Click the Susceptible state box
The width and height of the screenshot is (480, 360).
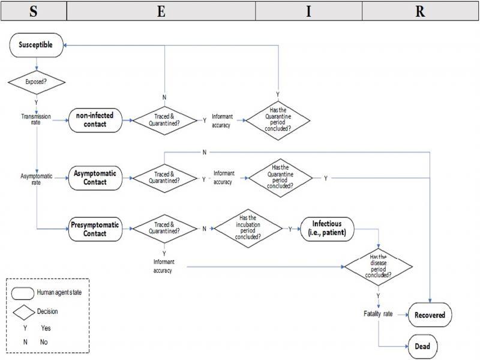pyautogui.click(x=37, y=45)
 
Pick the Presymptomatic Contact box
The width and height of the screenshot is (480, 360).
pyautogui.click(x=95, y=229)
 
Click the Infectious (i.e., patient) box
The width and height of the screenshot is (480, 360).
pyautogui.click(x=327, y=229)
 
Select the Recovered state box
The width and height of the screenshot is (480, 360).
pyautogui.click(x=430, y=314)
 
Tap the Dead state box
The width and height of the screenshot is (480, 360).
pyautogui.click(x=430, y=346)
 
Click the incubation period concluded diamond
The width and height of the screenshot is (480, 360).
pyautogui.click(x=248, y=229)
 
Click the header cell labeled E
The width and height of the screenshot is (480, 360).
pyautogui.click(x=161, y=11)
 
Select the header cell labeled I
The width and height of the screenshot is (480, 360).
pyautogui.click(x=308, y=11)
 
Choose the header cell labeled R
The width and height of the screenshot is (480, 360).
pyautogui.click(x=420, y=11)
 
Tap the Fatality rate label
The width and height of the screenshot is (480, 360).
pyautogui.click(x=378, y=314)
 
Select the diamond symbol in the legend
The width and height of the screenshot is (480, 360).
pyautogui.click(x=24, y=311)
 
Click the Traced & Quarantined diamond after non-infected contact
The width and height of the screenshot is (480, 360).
pyautogui.click(x=164, y=119)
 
